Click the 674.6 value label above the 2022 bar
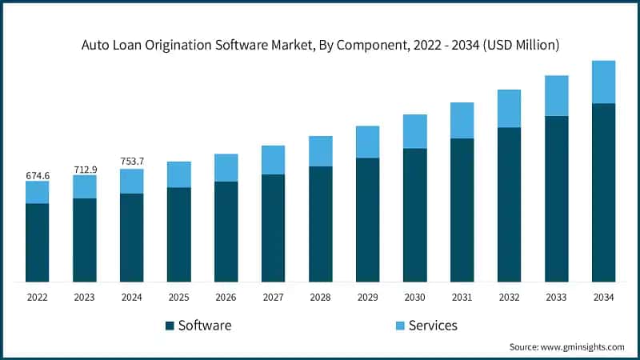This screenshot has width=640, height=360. pyautogui.click(x=37, y=174)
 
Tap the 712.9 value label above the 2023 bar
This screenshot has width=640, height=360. pyautogui.click(x=84, y=169)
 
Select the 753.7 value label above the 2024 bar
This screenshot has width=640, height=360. pyautogui.click(x=131, y=162)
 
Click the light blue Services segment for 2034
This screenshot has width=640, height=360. pyautogui.click(x=603, y=82)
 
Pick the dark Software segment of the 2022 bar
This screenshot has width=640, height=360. pyautogui.click(x=37, y=242)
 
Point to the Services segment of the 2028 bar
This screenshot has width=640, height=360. pyautogui.click(x=320, y=151)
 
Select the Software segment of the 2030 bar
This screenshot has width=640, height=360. pyautogui.click(x=414, y=214)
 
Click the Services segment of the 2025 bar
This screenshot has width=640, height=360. pyautogui.click(x=178, y=174)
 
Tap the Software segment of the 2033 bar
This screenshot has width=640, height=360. pyautogui.click(x=556, y=198)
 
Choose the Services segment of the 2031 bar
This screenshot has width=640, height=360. pyautogui.click(x=462, y=121)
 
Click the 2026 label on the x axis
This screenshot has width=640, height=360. pyautogui.click(x=226, y=298)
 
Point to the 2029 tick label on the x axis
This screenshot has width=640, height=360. pyautogui.click(x=367, y=298)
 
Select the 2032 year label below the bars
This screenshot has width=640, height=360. pyautogui.click(x=509, y=298)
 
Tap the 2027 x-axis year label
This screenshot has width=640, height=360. pyautogui.click(x=273, y=298)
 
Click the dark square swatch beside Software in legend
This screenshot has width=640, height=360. pyautogui.click(x=169, y=326)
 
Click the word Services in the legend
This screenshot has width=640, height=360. pyautogui.click(x=433, y=326)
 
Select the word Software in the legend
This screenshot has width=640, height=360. pyautogui.click(x=205, y=326)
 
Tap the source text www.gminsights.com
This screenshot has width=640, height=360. pyautogui.click(x=582, y=347)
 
